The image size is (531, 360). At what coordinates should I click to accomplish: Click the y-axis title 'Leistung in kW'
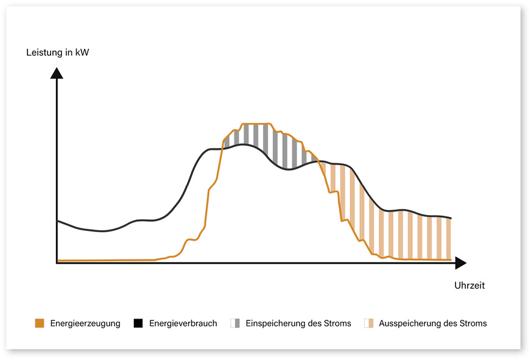pyautogui.click(x=58, y=52)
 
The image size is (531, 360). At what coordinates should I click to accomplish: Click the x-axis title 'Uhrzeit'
pyautogui.click(x=469, y=285)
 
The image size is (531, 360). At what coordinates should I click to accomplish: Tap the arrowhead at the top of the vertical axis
pyautogui.click(x=57, y=72)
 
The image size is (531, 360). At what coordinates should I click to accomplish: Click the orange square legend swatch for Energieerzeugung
pyautogui.click(x=40, y=323)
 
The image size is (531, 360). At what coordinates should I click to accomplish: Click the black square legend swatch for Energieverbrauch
pyautogui.click(x=138, y=323)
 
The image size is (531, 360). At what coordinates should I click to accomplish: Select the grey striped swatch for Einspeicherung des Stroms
pyautogui.click(x=235, y=323)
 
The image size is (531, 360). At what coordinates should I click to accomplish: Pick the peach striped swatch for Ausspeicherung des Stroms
pyautogui.click(x=368, y=323)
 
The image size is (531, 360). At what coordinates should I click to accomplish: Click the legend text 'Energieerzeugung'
pyautogui.click(x=85, y=323)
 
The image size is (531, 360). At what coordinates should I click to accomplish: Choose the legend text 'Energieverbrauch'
pyautogui.click(x=183, y=323)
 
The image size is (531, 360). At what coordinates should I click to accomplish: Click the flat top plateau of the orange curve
pyautogui.click(x=256, y=124)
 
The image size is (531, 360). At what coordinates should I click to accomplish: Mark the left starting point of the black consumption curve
pyautogui.click(x=57, y=221)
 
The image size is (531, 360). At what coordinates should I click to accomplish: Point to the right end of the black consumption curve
pyautogui.click(x=451, y=218)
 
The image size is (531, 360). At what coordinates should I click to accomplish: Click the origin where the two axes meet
pyautogui.click(x=57, y=263)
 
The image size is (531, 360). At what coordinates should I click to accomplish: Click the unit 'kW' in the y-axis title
pyautogui.click(x=82, y=52)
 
